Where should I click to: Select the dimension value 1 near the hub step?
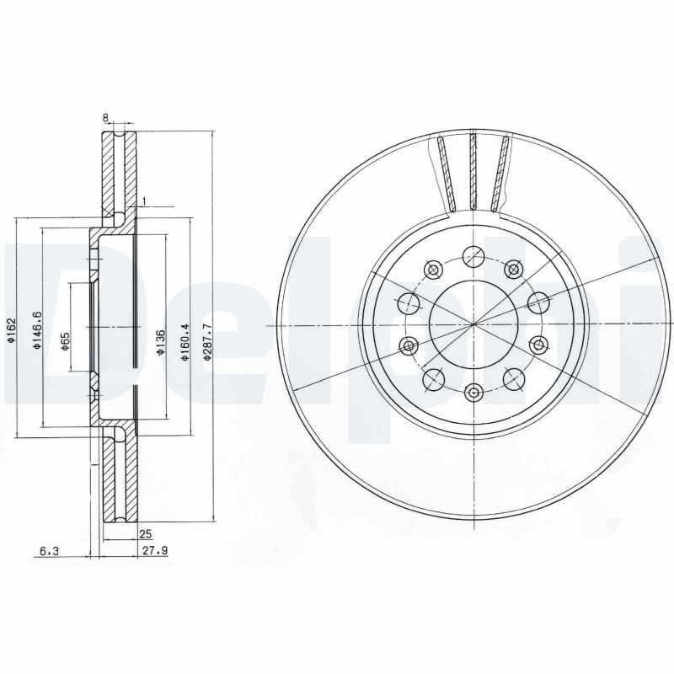pos(145,200)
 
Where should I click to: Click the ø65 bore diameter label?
pos(64,340)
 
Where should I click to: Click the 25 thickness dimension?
pos(145,534)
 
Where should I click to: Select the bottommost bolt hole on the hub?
pos(473,391)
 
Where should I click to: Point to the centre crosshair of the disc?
pos(473,324)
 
